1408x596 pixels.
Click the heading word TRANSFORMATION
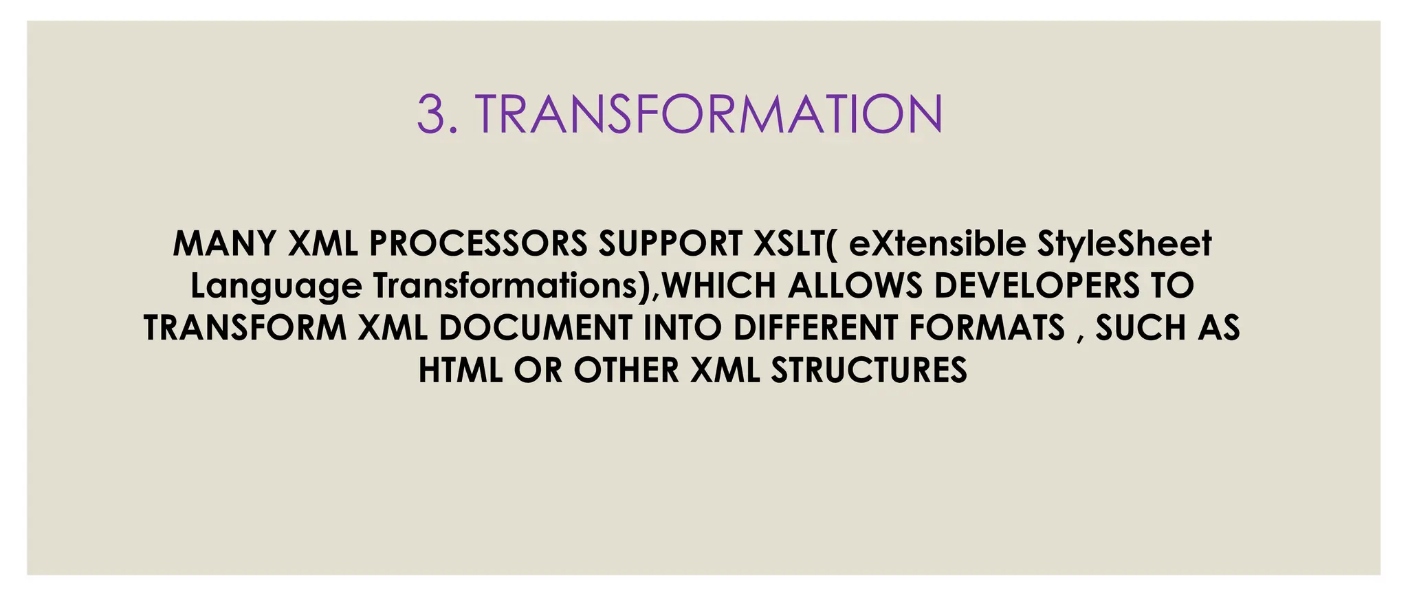[708, 114]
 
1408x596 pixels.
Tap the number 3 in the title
[432, 114]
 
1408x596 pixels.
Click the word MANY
[225, 243]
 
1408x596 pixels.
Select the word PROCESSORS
[478, 243]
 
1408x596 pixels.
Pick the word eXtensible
[937, 243]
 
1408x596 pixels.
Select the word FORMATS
[987, 328]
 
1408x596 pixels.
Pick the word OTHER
[626, 371]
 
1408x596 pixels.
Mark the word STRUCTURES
[869, 371]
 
